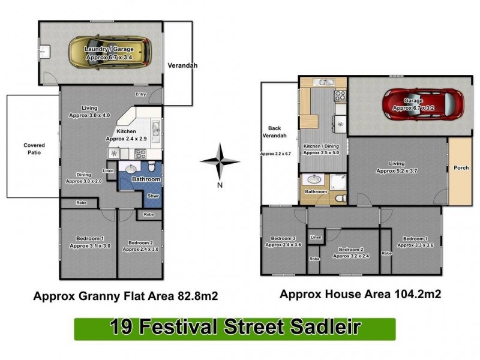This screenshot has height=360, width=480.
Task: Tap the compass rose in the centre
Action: point(220,160)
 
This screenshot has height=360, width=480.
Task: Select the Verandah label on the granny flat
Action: point(182,65)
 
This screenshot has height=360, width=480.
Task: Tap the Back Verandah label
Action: point(275,133)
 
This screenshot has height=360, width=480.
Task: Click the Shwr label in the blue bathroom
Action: point(153,196)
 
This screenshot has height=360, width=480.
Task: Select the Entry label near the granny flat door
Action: point(141,94)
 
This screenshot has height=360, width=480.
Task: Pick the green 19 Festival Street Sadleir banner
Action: point(235,328)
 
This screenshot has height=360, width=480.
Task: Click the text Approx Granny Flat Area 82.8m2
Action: point(125,296)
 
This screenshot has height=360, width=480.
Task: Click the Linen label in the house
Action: point(316,238)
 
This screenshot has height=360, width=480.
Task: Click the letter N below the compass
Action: point(220,185)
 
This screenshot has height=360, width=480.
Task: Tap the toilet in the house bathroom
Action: point(340,197)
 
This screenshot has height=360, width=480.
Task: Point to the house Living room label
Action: point(397,167)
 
